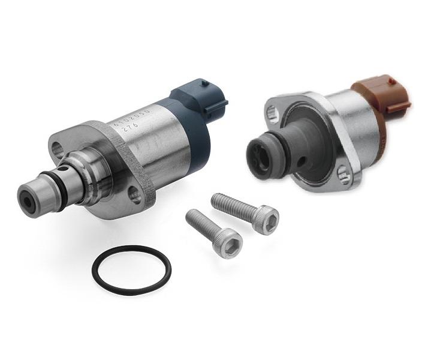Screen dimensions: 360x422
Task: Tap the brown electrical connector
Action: [381, 99]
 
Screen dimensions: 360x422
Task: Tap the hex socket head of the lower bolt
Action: [230, 242]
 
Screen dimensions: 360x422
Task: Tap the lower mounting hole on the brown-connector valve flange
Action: [342, 175]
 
